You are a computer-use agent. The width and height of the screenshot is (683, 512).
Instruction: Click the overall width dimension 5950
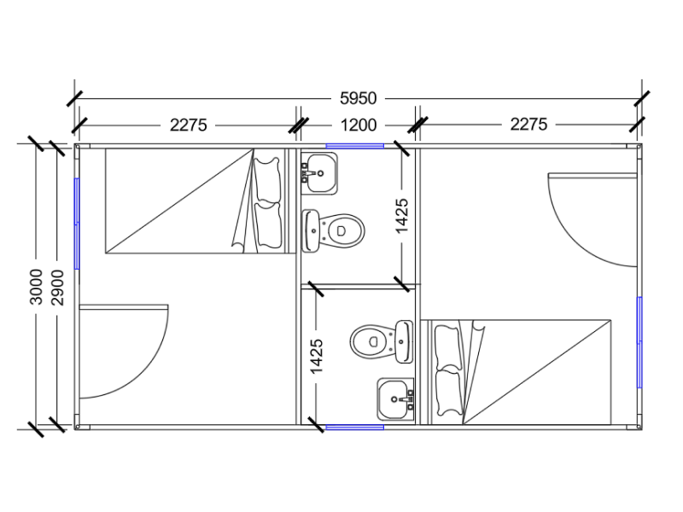pos(358,98)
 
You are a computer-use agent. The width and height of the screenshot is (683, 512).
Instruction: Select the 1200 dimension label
pos(358,125)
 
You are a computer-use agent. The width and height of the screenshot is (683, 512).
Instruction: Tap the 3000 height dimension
pos(36,287)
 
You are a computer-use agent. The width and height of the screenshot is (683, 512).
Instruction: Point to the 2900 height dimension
pos(57,288)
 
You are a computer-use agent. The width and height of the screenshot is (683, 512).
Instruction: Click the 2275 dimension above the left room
pos(188,125)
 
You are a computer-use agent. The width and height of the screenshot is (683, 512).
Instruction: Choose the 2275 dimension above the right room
pos(528,125)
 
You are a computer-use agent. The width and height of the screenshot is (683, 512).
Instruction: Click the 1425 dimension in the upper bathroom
pos(401,216)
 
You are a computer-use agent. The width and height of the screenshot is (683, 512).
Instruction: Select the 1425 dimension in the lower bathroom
pos(317,356)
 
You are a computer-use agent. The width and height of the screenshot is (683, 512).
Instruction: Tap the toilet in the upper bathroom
pos(333,230)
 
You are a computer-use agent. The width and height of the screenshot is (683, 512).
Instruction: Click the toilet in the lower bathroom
pos(382,342)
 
